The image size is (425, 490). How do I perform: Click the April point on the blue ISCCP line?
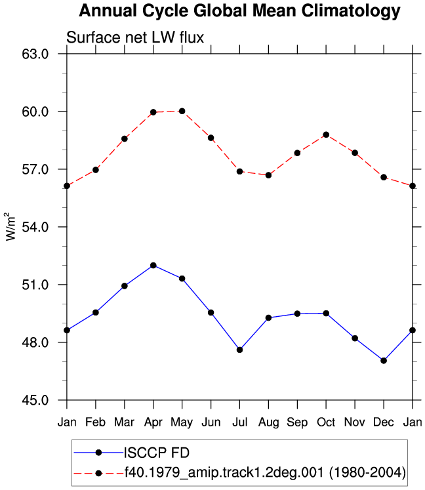(153, 265)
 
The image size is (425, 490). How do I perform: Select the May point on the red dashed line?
(182, 111)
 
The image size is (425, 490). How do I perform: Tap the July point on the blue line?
(239, 350)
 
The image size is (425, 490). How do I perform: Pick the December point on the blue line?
(384, 361)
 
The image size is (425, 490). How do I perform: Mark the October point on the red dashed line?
(326, 134)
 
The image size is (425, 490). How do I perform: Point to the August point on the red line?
(268, 175)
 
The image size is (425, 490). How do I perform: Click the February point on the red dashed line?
(96, 170)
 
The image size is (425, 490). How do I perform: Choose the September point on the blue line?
(297, 314)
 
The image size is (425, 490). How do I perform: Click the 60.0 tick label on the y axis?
(35, 112)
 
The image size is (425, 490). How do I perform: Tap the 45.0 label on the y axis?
(35, 400)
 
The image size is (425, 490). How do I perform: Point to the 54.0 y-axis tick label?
(35, 227)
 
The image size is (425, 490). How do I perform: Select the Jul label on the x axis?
(239, 422)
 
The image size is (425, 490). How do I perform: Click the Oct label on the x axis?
(326, 422)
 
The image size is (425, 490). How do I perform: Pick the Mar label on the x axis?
(124, 422)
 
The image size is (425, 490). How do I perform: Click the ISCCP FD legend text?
(157, 453)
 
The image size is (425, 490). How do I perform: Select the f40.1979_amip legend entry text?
(265, 472)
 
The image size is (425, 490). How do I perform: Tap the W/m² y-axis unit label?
(10, 226)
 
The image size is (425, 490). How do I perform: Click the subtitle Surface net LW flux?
(135, 37)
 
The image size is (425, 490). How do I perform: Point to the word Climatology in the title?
(351, 12)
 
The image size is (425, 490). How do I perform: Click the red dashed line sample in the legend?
(99, 473)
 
